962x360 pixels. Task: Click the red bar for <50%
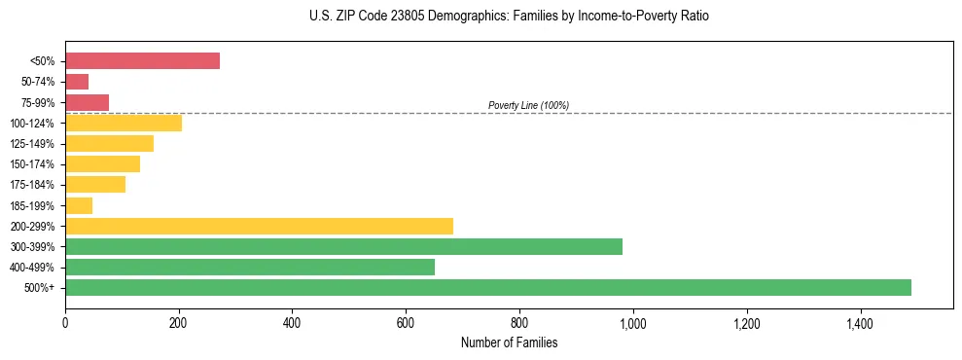[142, 61]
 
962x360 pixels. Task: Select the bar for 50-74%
[77, 82]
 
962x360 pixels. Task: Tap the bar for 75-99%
[87, 102]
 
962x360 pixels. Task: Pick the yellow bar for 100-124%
[124, 123]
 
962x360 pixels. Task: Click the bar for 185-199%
[79, 205]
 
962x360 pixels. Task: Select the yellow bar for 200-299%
[259, 226]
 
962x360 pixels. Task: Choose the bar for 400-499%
[250, 267]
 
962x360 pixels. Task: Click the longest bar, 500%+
[488, 287]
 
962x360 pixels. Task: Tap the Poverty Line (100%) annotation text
[528, 105]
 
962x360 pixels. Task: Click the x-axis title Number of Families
[509, 342]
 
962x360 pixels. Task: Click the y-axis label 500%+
[41, 288]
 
